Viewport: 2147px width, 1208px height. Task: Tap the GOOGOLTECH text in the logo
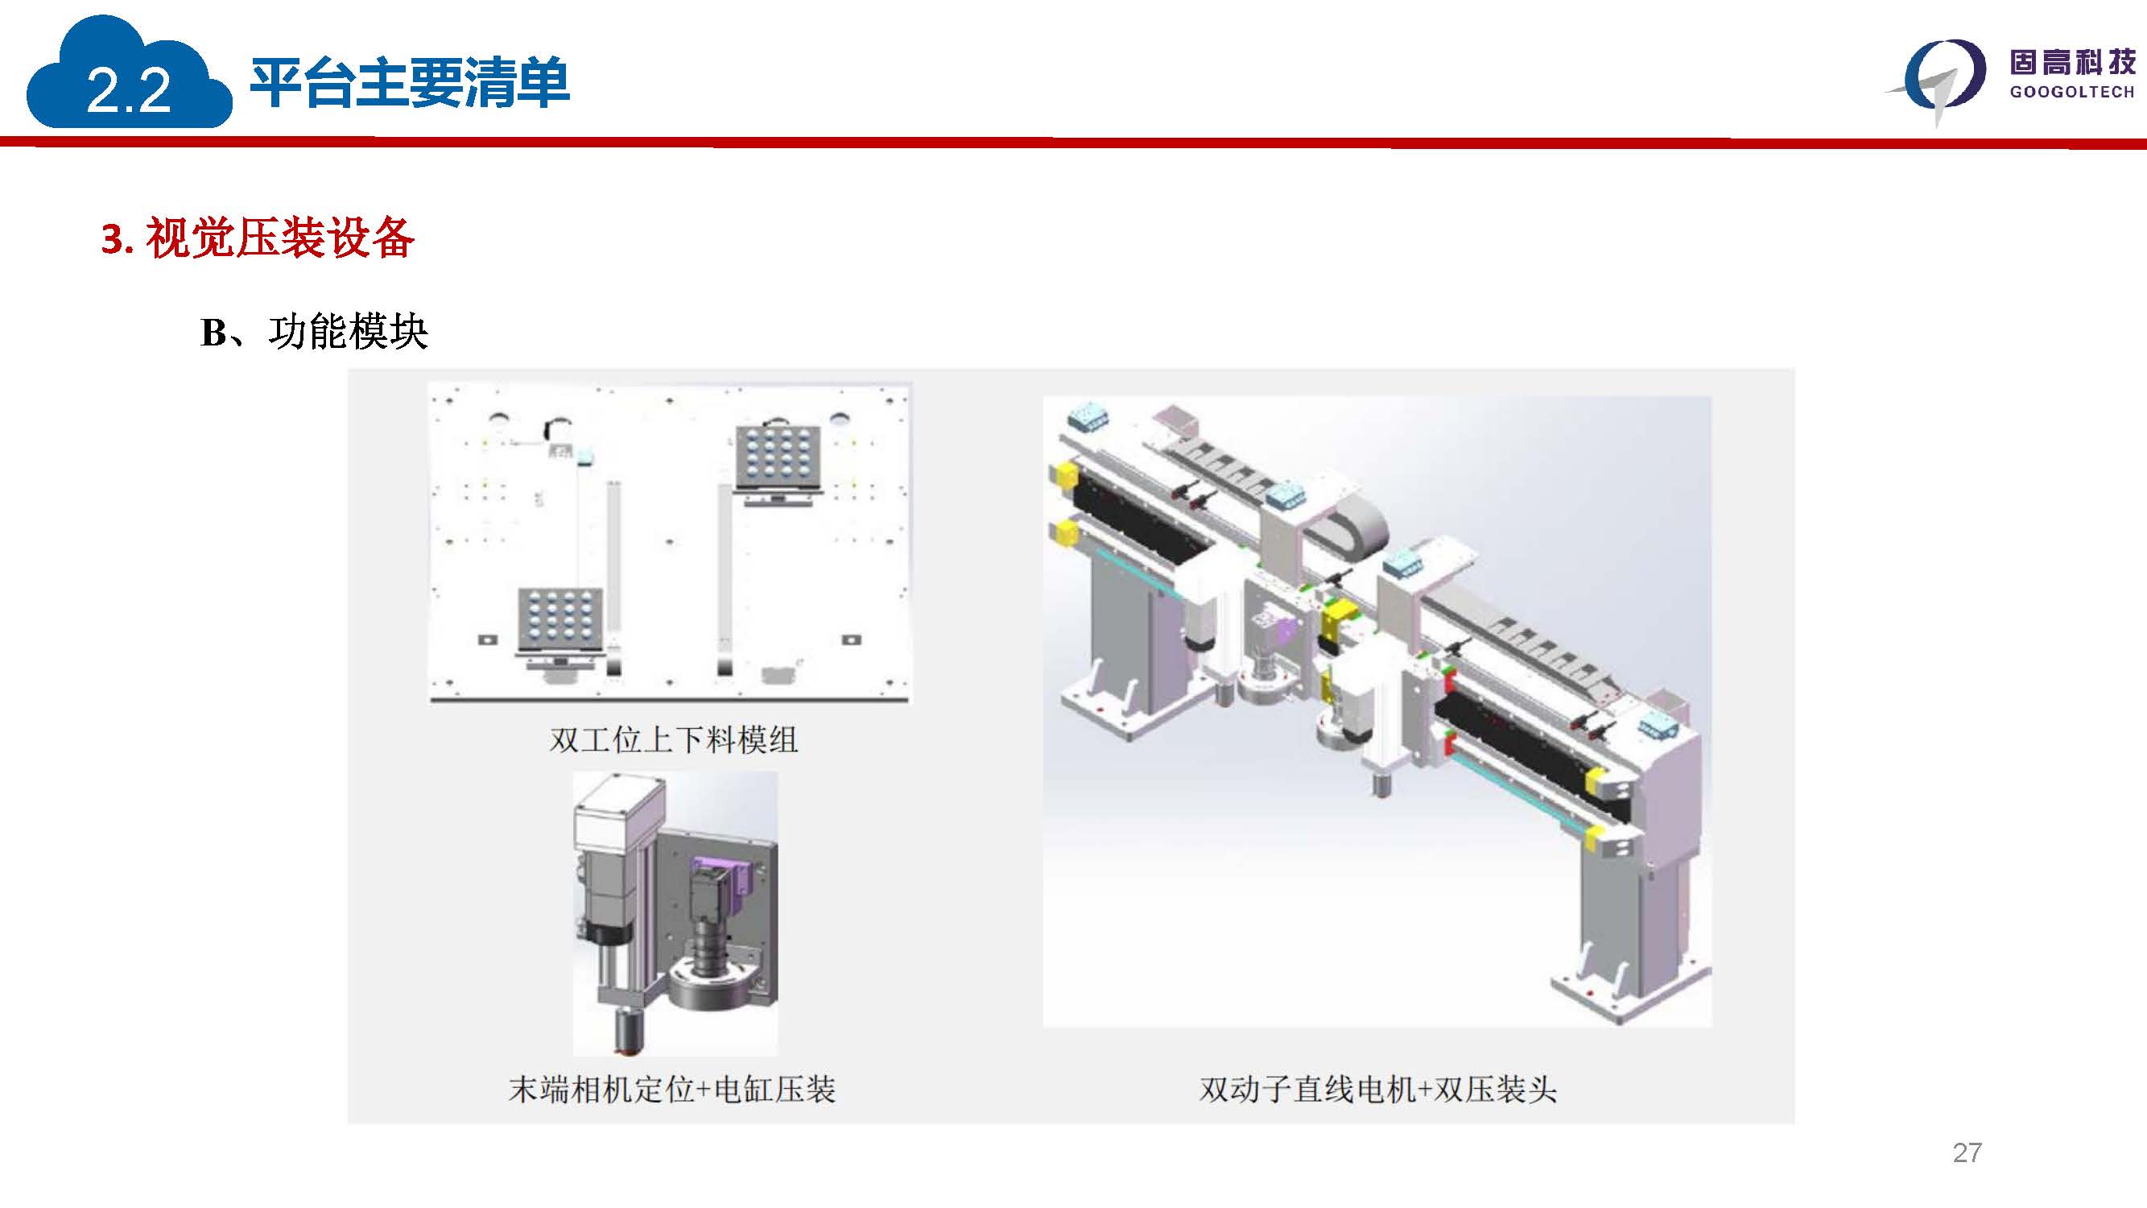tap(2072, 92)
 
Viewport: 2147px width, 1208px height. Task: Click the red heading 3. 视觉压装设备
tap(258, 238)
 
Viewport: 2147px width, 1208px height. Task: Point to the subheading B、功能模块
tap(314, 332)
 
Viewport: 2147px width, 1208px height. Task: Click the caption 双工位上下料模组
tap(674, 739)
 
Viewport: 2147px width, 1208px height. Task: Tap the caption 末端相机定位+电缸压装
tap(671, 1089)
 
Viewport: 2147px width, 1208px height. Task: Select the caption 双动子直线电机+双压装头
tap(1377, 1089)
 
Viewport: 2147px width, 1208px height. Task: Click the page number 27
tap(1967, 1152)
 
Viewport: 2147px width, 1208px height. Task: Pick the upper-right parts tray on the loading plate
tap(778, 458)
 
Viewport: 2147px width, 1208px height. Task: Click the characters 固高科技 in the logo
tap(2072, 63)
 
